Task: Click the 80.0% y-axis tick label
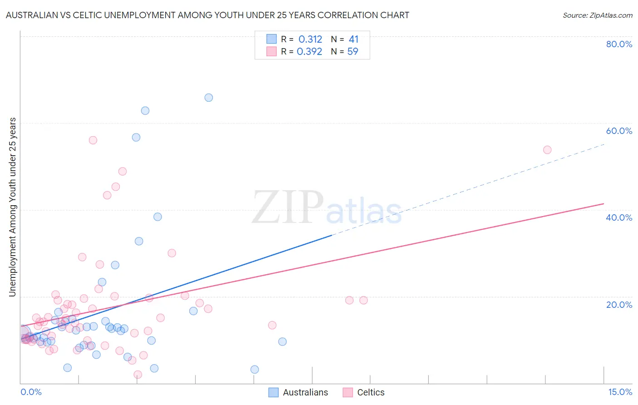tap(619, 44)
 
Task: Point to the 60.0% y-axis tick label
tap(619, 131)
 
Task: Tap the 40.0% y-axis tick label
tap(619, 217)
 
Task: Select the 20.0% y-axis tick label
tap(619, 304)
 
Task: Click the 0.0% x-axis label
tap(31, 392)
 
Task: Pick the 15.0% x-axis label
tap(620, 392)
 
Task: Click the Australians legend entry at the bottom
tap(305, 392)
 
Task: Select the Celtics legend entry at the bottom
tap(370, 392)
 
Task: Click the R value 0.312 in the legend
tap(310, 40)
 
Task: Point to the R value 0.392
tap(309, 52)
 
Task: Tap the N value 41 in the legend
tap(353, 40)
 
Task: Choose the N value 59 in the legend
tap(353, 52)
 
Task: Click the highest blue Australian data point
tap(209, 98)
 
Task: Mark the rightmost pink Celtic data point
tap(547, 150)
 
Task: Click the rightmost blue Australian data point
tap(282, 341)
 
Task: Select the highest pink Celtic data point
tap(93, 140)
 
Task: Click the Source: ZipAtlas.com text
tap(597, 15)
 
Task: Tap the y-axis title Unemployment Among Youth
tap(12, 207)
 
